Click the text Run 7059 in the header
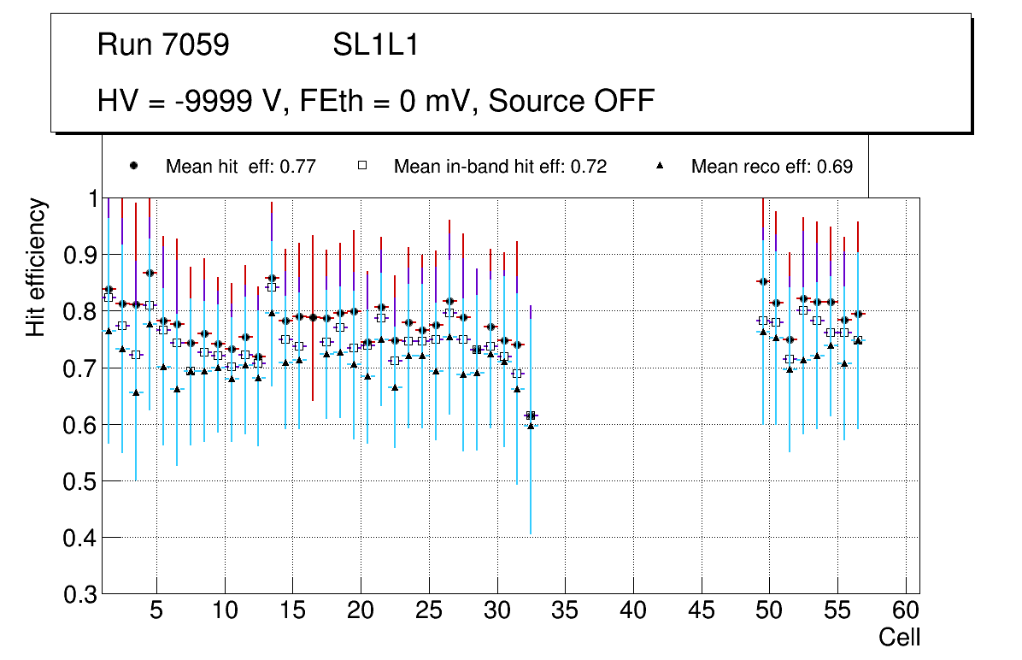pos(163,45)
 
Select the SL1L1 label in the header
pos(375,45)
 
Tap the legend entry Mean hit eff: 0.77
pos(240,167)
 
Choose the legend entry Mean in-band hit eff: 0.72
pos(500,167)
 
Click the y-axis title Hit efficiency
pos(36,267)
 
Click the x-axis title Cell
pos(899,637)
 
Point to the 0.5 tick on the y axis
pos(81,481)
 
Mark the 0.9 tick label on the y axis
pos(81,255)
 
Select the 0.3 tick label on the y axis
pos(81,594)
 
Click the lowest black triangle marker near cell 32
pos(531,426)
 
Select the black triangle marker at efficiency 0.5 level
pos(136,392)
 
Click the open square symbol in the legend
pos(362,166)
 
